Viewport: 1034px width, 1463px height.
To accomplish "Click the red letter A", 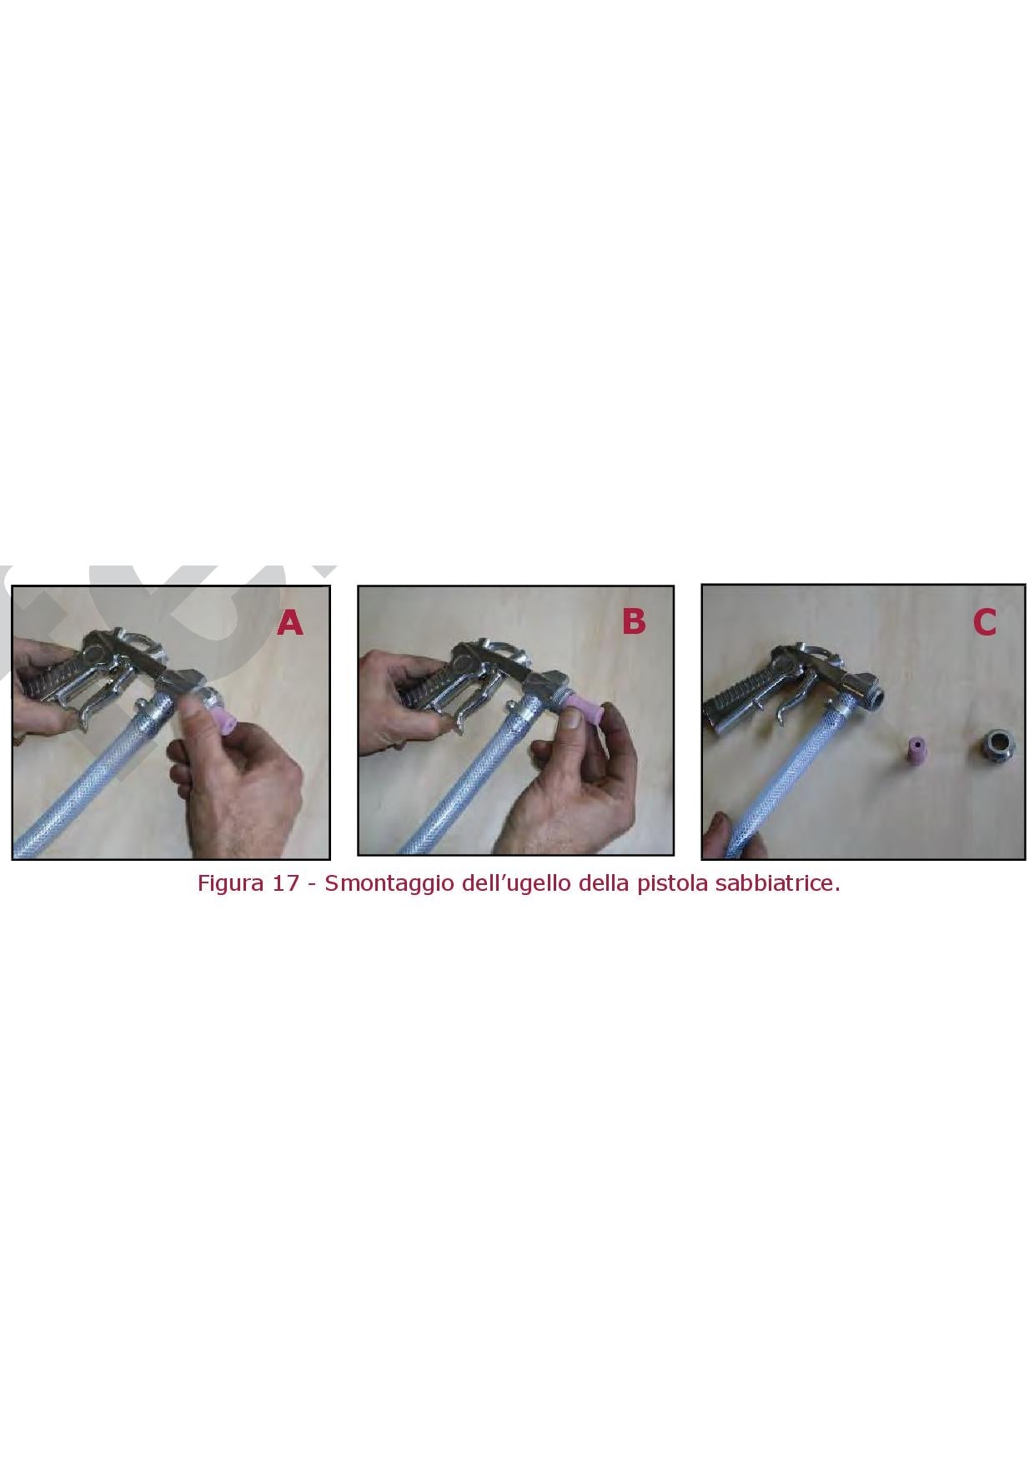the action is pos(290,622).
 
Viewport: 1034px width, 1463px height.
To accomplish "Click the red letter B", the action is pos(634,621).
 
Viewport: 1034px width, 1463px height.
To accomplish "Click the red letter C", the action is pos(985,622).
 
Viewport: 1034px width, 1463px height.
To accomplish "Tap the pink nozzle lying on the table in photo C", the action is pos(917,748).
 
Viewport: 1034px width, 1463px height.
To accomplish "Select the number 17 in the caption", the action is pos(285,882).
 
